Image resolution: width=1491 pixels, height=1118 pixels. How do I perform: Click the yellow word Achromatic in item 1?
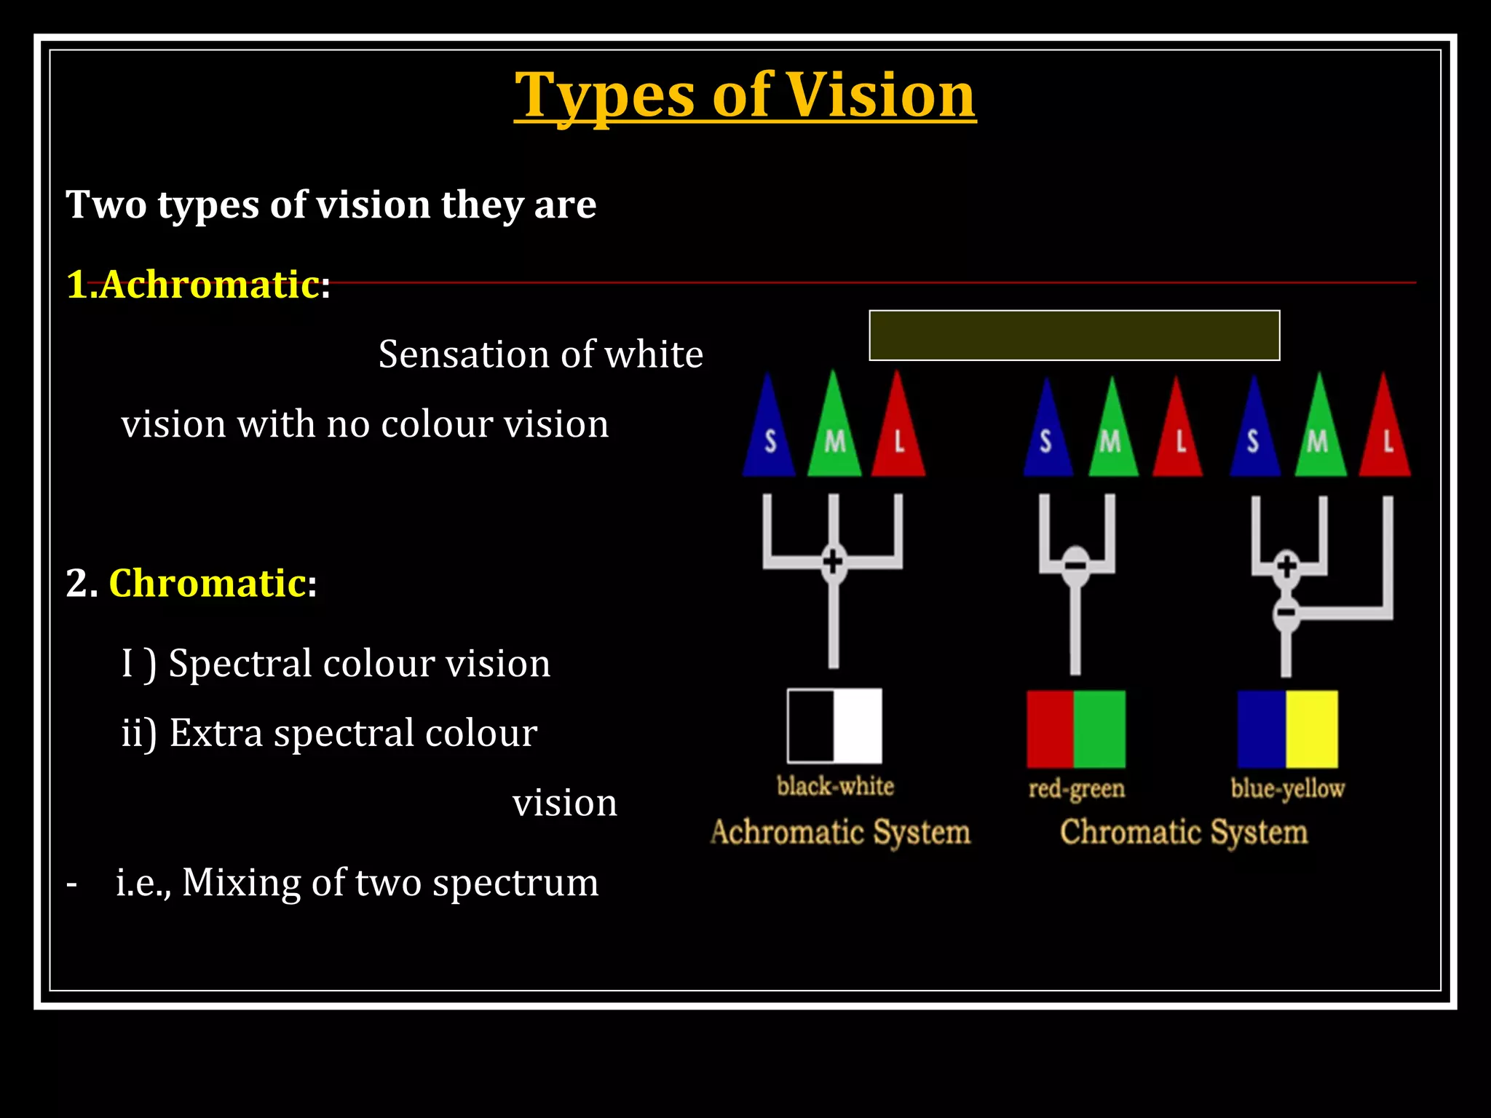pyautogui.click(x=210, y=284)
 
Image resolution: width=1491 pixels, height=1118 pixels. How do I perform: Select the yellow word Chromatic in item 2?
pyautogui.click(x=207, y=583)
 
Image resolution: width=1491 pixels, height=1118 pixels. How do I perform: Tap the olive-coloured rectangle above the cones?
pyautogui.click(x=1074, y=336)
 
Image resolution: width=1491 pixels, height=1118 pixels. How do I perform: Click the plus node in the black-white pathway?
pyautogui.click(x=833, y=561)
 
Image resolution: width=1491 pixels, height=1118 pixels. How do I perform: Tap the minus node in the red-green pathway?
pyautogui.click(x=1075, y=566)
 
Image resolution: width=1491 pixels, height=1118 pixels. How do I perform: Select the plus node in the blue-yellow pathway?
pyautogui.click(x=1286, y=566)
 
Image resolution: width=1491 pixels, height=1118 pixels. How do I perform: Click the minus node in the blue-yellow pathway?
pyautogui.click(x=1286, y=613)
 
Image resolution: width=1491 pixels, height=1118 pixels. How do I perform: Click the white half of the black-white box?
pyautogui.click(x=858, y=726)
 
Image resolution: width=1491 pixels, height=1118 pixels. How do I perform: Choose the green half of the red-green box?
pyautogui.click(x=1099, y=729)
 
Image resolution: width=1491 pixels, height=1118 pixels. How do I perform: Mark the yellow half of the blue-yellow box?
pyautogui.click(x=1312, y=729)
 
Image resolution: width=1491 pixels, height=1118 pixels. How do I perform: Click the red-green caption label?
pyautogui.click(x=1076, y=788)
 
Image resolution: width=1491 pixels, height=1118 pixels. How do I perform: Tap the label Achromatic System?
pyautogui.click(x=840, y=832)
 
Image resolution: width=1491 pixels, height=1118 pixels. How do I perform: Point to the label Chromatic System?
pyautogui.click(x=1184, y=832)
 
